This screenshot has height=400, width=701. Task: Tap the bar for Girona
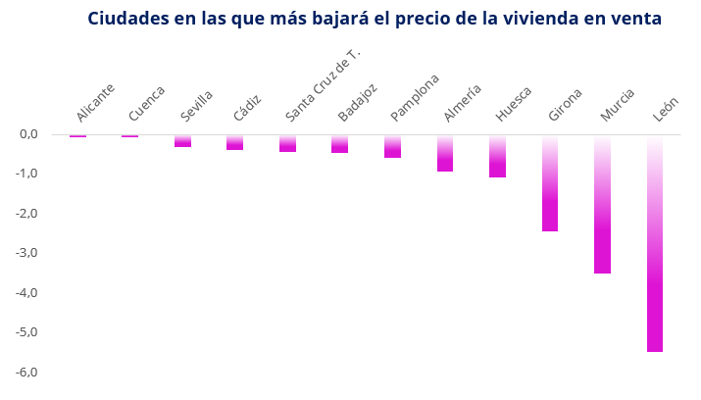[x=550, y=183]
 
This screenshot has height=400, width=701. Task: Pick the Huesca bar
[x=497, y=157]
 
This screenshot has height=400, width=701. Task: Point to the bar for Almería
[x=445, y=154]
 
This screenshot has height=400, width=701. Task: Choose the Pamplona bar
[x=392, y=147]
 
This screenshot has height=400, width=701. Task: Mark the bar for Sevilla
[x=182, y=141]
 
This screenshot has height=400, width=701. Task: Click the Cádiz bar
[x=235, y=143]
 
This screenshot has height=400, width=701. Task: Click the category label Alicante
[x=96, y=103]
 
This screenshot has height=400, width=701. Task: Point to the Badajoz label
[x=358, y=102]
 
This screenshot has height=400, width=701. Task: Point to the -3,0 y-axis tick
[x=27, y=253]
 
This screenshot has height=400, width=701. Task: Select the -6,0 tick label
[x=27, y=373]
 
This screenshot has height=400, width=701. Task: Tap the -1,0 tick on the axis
[x=27, y=174]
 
